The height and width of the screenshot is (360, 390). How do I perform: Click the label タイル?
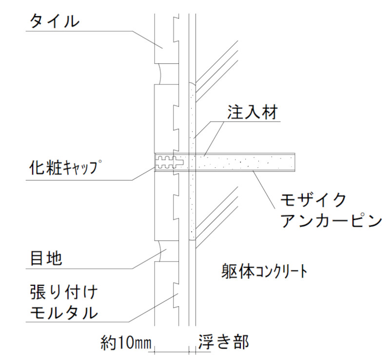coord(55,21)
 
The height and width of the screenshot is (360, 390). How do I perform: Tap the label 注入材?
coord(252,112)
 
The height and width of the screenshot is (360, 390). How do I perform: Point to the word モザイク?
coord(313,200)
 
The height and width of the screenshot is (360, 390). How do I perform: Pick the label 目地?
coord(46,258)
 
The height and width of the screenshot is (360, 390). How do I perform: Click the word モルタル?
coord(64,312)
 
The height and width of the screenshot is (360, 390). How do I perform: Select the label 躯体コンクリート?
coord(264,271)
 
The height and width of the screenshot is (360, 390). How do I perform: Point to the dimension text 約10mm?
coord(126,342)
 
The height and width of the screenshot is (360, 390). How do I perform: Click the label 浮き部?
coord(223,342)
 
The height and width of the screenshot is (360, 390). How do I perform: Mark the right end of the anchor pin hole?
coord(295,162)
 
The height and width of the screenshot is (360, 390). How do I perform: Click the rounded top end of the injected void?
coord(192,84)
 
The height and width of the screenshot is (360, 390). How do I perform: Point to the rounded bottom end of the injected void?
coord(192,239)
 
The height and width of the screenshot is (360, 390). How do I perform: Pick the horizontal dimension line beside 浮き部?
coord(179,352)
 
